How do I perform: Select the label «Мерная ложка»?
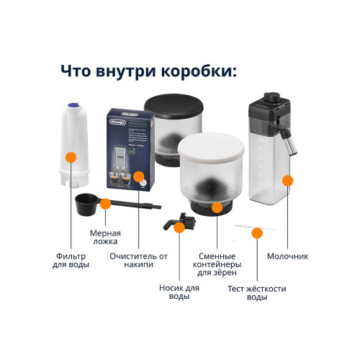pos(105,238)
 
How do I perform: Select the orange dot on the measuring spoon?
pos(105,203)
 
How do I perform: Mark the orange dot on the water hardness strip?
pos(256,232)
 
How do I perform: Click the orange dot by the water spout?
pos(178,228)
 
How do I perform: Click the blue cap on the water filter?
pos(71,109)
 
